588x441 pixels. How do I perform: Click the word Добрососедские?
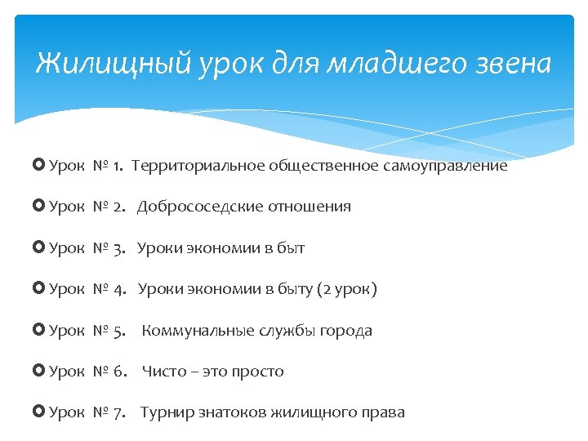pos(194,207)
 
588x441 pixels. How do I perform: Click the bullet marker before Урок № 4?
pos(41,289)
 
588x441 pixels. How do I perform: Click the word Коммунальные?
pos(193,331)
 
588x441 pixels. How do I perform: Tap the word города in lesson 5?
pos(345,331)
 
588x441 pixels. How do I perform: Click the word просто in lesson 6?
pos(257,372)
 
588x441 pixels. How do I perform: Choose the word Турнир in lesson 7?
pos(165,412)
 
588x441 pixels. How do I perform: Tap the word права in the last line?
pos(383,412)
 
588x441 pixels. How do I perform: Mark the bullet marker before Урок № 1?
pos(41,166)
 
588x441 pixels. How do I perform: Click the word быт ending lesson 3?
pos(291,248)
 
